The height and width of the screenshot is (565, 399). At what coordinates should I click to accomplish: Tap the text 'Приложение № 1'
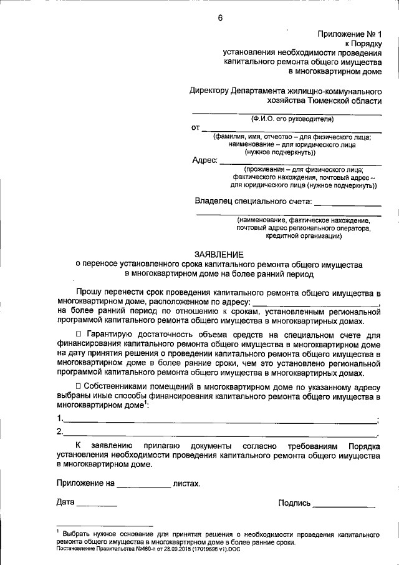click(353, 34)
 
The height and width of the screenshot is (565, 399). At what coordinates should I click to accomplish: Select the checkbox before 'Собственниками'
click(79, 386)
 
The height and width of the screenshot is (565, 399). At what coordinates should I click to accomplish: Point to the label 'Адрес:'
click(204, 160)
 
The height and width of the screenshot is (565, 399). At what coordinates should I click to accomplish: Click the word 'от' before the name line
click(195, 127)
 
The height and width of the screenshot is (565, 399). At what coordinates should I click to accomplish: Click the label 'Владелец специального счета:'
click(252, 201)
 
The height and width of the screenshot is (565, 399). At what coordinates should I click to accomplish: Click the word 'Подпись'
click(294, 503)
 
